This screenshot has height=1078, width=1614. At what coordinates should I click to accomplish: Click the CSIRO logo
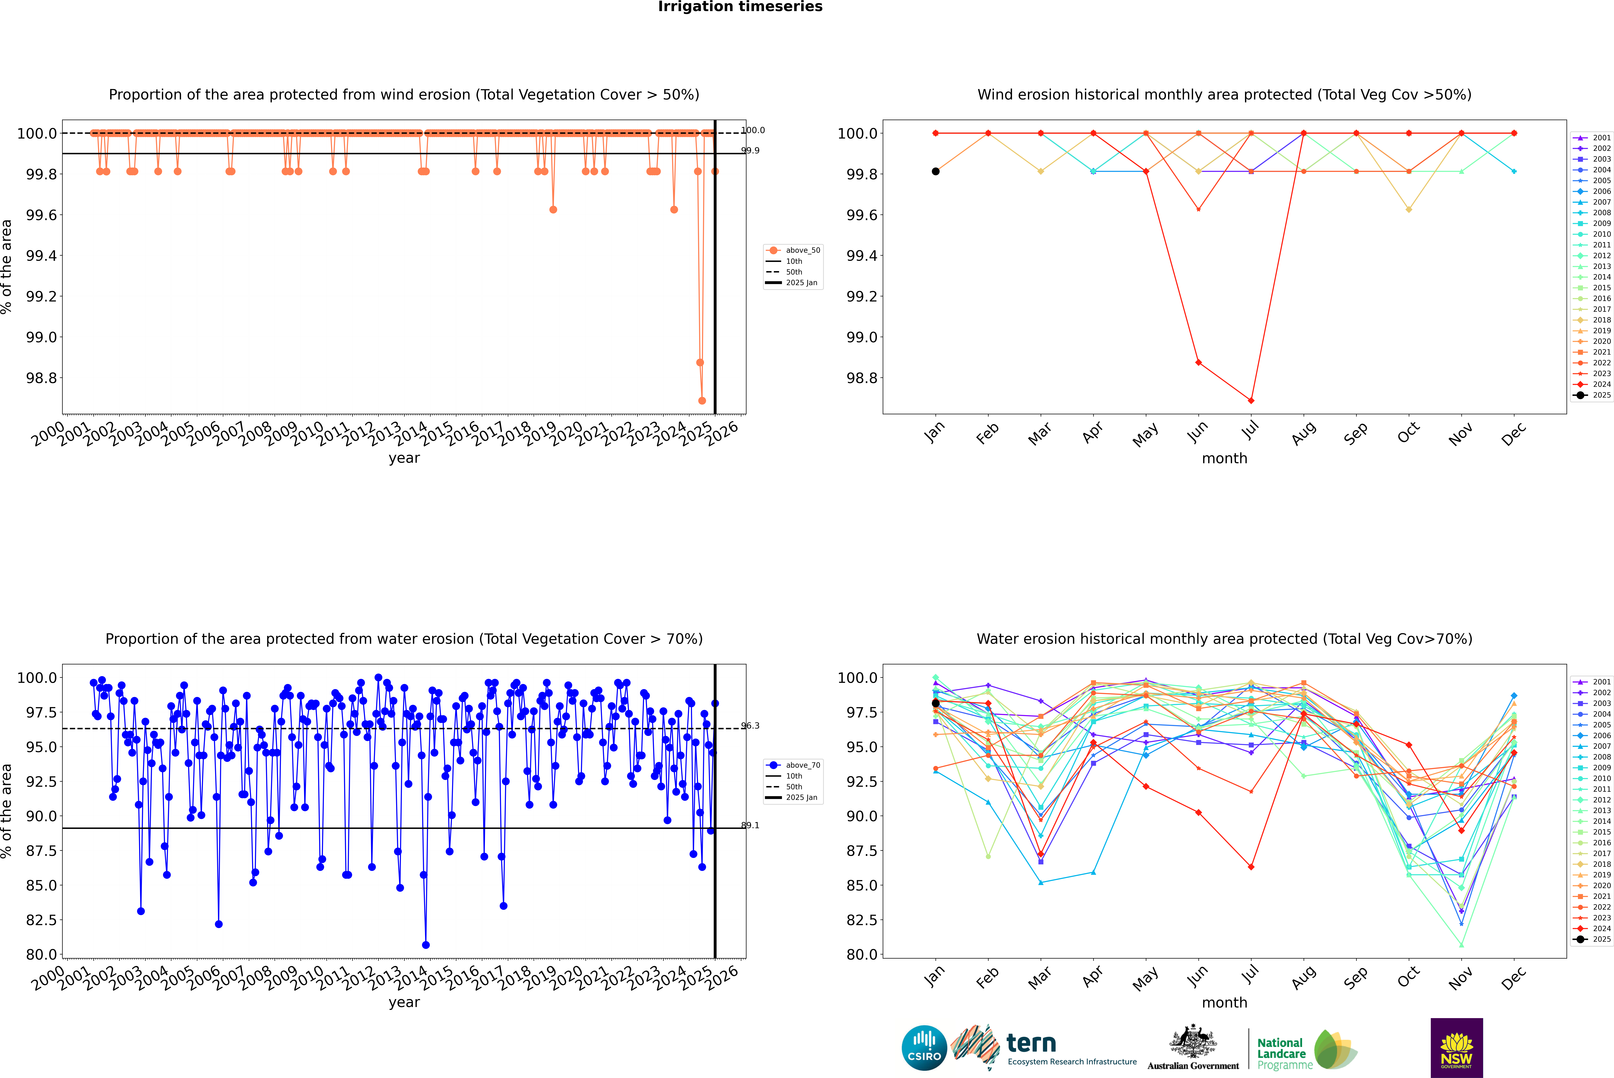924,1048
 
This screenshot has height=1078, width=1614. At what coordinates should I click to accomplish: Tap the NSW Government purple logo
1456,1048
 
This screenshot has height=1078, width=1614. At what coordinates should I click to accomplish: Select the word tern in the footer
1031,1043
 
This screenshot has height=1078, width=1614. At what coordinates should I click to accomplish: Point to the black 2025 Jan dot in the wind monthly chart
936,171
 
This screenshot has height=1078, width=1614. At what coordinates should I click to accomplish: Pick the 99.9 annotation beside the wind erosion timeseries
750,150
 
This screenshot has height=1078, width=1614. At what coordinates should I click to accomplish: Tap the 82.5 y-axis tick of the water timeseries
41,920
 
